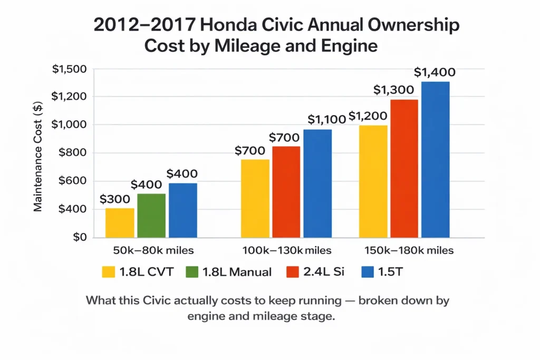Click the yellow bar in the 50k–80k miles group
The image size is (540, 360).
[120, 222]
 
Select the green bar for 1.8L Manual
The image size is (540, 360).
[151, 216]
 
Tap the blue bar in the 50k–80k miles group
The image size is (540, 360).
[182, 210]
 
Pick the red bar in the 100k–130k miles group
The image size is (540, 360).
[286, 192]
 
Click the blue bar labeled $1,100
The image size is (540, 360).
[317, 183]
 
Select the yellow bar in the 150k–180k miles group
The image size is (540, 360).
[373, 181]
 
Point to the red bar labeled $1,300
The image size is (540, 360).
[404, 169]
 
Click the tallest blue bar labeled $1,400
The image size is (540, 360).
[435, 160]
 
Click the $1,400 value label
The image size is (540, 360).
[435, 72]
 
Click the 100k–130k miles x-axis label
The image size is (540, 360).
[286, 250]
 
